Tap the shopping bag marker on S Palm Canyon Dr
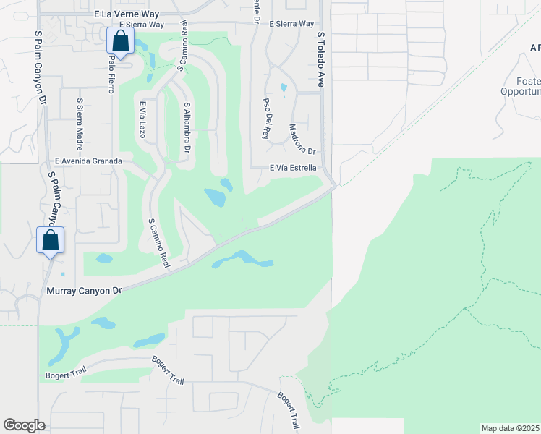pyautogui.click(x=51, y=240)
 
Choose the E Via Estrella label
pyautogui.click(x=293, y=168)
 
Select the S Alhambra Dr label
pyautogui.click(x=187, y=127)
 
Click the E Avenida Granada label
pyautogui.click(x=83, y=162)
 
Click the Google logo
pyautogui.click(x=24, y=425)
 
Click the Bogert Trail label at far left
pyautogui.click(x=66, y=375)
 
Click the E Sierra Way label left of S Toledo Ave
pyautogui.click(x=291, y=24)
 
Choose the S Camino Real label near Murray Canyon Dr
pyautogui.click(x=158, y=244)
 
